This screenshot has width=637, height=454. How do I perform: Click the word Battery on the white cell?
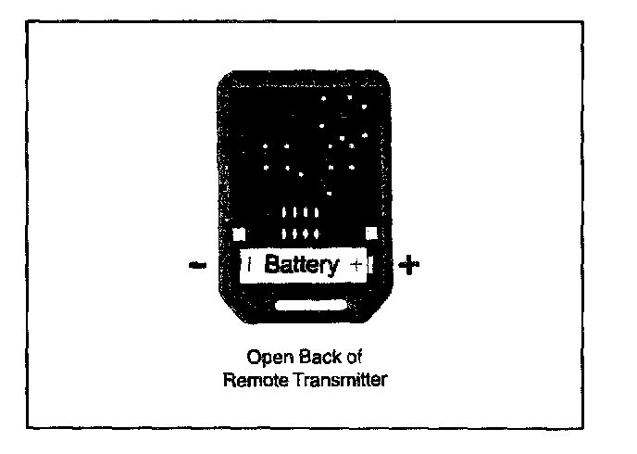pyautogui.click(x=302, y=265)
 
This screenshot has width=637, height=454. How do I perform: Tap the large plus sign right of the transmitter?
pyautogui.click(x=408, y=266)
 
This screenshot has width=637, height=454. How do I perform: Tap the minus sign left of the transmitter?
pyautogui.click(x=195, y=266)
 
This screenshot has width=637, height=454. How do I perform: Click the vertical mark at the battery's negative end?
pyautogui.click(x=251, y=265)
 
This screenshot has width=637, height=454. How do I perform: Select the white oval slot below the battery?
pyautogui.click(x=312, y=305)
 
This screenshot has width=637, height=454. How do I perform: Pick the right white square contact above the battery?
pyautogui.click(x=372, y=233)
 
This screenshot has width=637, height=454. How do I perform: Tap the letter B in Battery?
pyautogui.click(x=271, y=265)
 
